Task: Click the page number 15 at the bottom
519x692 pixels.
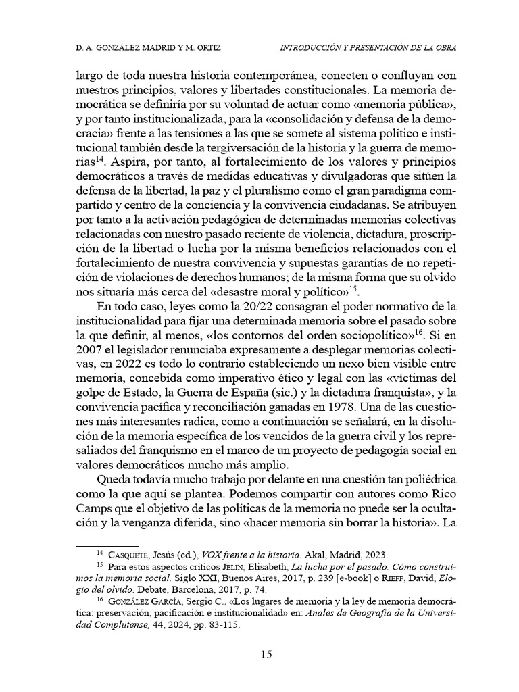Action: (x=266, y=653)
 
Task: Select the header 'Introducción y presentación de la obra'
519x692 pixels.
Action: (x=368, y=48)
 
